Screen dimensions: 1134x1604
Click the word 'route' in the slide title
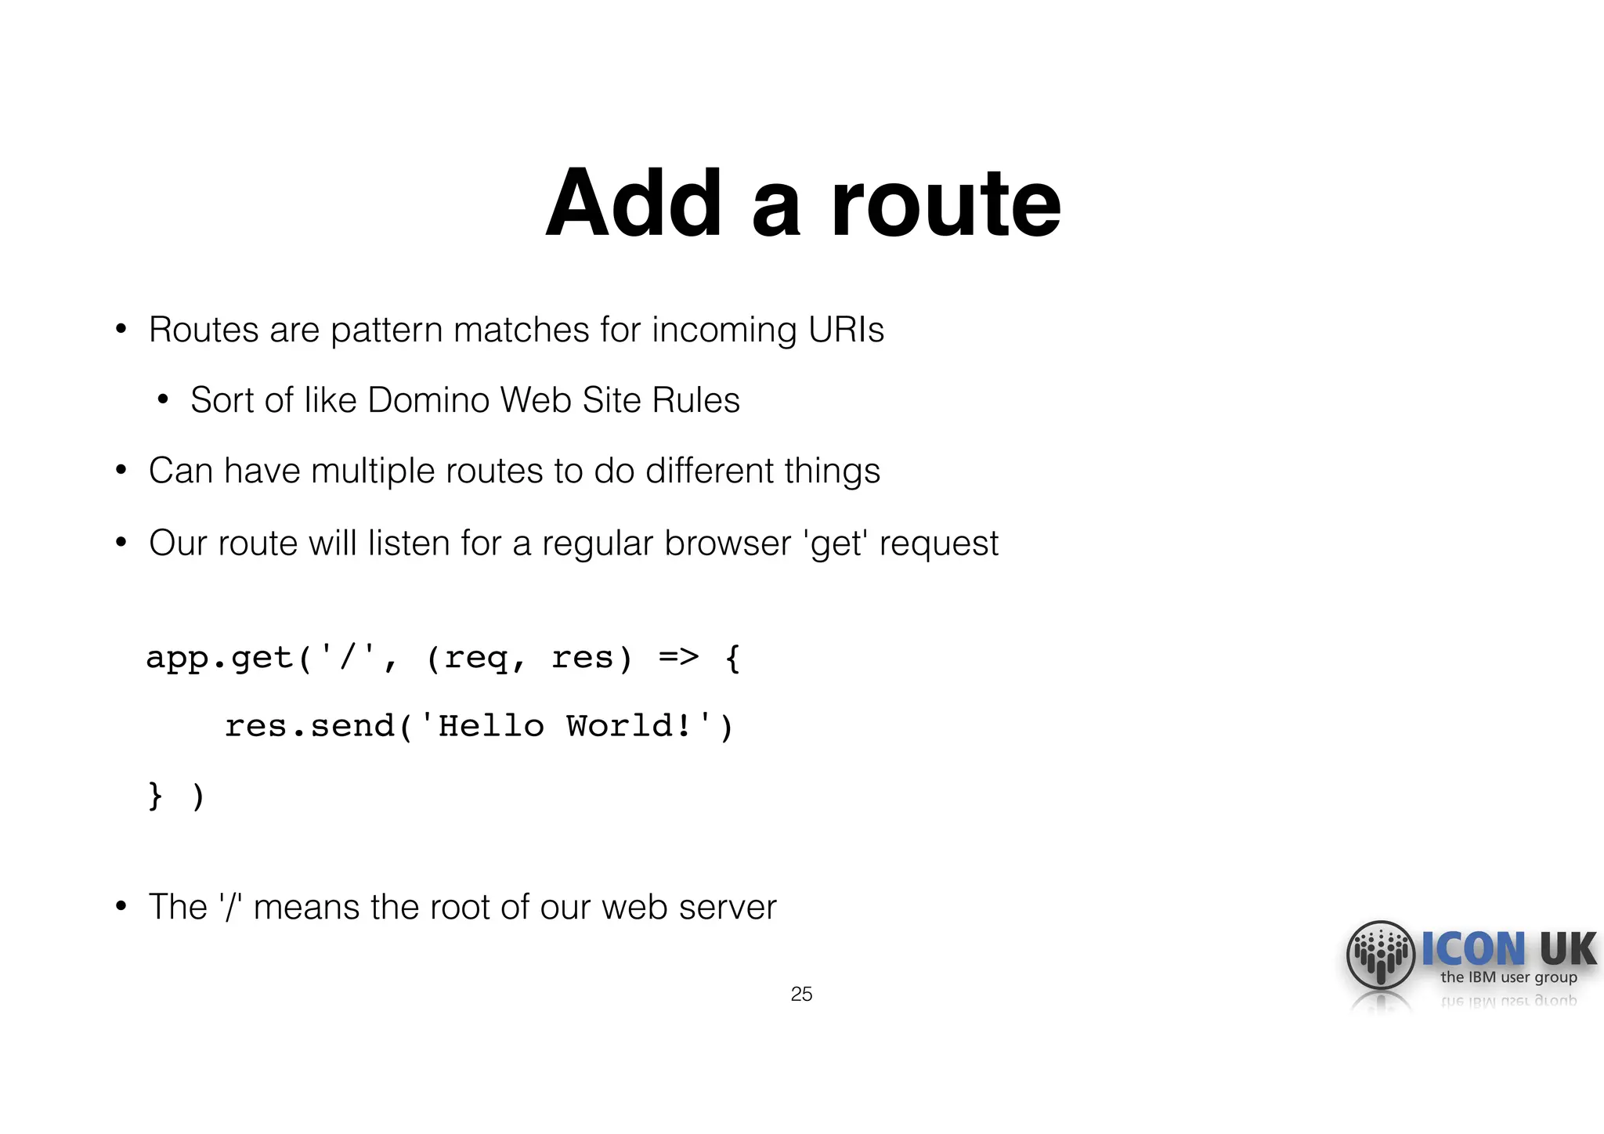[x=945, y=205]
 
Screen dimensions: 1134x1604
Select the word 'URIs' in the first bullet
[x=846, y=330]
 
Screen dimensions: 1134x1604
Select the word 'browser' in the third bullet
[x=728, y=544]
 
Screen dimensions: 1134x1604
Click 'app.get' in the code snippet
[x=219, y=658]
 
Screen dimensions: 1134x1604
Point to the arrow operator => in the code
[x=678, y=656]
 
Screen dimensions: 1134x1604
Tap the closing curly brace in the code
[x=155, y=796]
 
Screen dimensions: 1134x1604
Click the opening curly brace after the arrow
[x=732, y=658]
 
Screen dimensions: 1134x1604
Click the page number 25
[x=801, y=994]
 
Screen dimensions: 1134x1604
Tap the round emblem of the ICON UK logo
[x=1380, y=955]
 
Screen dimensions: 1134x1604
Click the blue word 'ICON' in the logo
[x=1473, y=949]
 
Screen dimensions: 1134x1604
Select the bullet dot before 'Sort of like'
[x=163, y=400]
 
